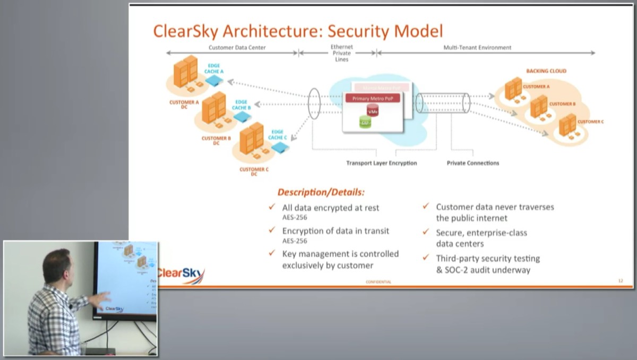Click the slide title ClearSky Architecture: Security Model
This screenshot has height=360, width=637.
[298, 31]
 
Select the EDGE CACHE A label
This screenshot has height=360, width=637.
[214, 68]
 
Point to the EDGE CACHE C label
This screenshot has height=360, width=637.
[278, 134]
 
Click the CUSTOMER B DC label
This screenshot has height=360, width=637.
[216, 141]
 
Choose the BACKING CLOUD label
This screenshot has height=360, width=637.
[546, 71]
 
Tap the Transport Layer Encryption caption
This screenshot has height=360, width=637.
[381, 163]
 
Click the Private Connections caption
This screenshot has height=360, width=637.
[472, 163]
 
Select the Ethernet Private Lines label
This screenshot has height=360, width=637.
[342, 53]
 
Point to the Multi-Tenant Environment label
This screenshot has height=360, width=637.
[477, 47]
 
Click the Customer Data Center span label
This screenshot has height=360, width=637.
[237, 47]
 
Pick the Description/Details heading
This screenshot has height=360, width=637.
[321, 192]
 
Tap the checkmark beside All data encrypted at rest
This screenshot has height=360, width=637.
[272, 207]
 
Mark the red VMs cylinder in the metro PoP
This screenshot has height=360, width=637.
[373, 110]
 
